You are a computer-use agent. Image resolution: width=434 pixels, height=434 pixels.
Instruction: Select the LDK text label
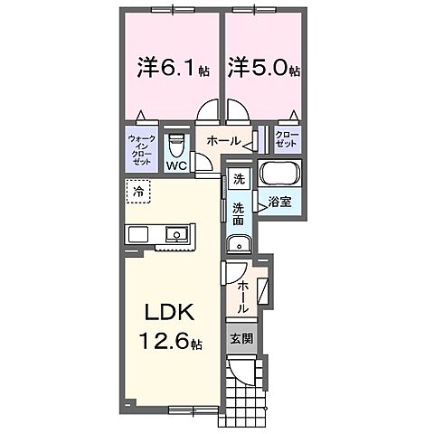click(x=169, y=312)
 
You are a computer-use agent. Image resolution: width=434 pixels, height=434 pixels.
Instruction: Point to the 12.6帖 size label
click(x=171, y=341)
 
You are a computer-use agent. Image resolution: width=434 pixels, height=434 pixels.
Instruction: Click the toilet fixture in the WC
click(x=176, y=146)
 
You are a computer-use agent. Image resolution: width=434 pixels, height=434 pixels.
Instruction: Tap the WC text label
click(x=177, y=165)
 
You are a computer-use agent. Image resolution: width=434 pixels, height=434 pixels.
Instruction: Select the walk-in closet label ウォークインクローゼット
click(x=142, y=150)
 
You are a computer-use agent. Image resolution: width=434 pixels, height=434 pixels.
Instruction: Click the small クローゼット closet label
click(x=288, y=139)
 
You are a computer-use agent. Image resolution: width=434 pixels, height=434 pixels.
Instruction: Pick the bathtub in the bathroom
click(x=280, y=174)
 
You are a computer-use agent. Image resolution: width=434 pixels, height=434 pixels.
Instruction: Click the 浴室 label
click(x=279, y=202)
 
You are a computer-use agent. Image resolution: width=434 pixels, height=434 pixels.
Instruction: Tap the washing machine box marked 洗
click(x=240, y=179)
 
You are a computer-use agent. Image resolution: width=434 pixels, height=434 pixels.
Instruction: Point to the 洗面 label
click(x=238, y=213)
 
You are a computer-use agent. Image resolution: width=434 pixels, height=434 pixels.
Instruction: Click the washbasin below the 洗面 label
click(x=240, y=244)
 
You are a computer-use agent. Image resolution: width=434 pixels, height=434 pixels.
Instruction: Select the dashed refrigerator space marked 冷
click(x=138, y=192)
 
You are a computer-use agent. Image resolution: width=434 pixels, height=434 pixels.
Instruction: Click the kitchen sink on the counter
click(x=176, y=234)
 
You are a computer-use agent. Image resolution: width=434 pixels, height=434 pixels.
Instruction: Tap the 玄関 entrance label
click(x=241, y=339)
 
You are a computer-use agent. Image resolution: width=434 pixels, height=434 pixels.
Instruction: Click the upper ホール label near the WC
click(x=224, y=140)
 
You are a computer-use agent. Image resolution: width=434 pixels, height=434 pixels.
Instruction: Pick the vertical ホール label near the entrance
click(x=243, y=297)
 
